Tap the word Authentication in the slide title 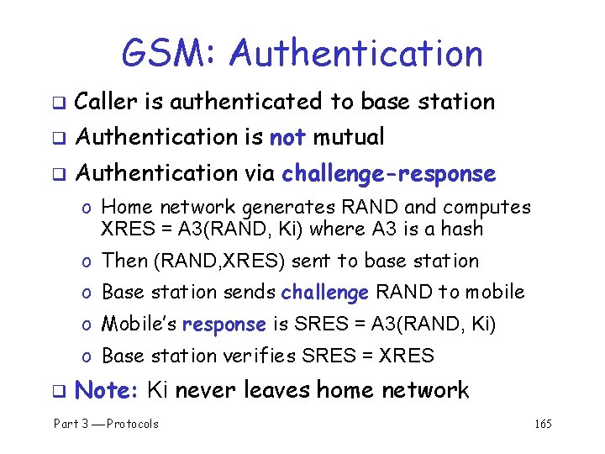(356, 54)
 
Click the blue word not (287, 136)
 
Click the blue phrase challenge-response (388, 174)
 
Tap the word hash (462, 229)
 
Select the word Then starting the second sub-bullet (124, 261)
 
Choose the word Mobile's (138, 325)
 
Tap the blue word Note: (106, 390)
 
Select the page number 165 (543, 424)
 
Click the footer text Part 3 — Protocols (106, 424)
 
